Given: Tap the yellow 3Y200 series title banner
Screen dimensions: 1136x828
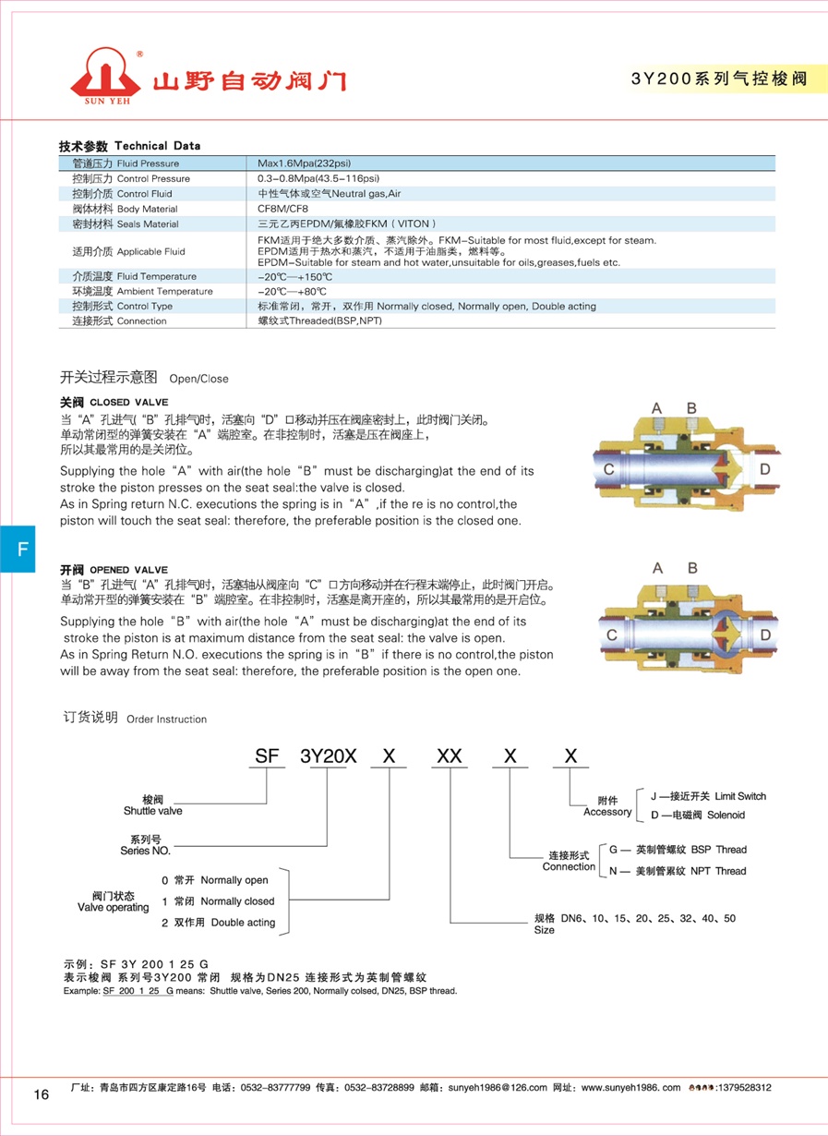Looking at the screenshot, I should coord(718,79).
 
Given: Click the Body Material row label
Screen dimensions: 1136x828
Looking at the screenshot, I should coord(125,209).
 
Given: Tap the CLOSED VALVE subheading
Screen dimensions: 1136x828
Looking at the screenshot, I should coord(121,403).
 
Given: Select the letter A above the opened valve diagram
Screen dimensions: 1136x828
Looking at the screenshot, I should coord(657,568).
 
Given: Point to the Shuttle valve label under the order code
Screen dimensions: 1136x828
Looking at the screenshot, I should coord(152,811).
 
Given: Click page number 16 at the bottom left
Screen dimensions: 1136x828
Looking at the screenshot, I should coord(42,1094).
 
